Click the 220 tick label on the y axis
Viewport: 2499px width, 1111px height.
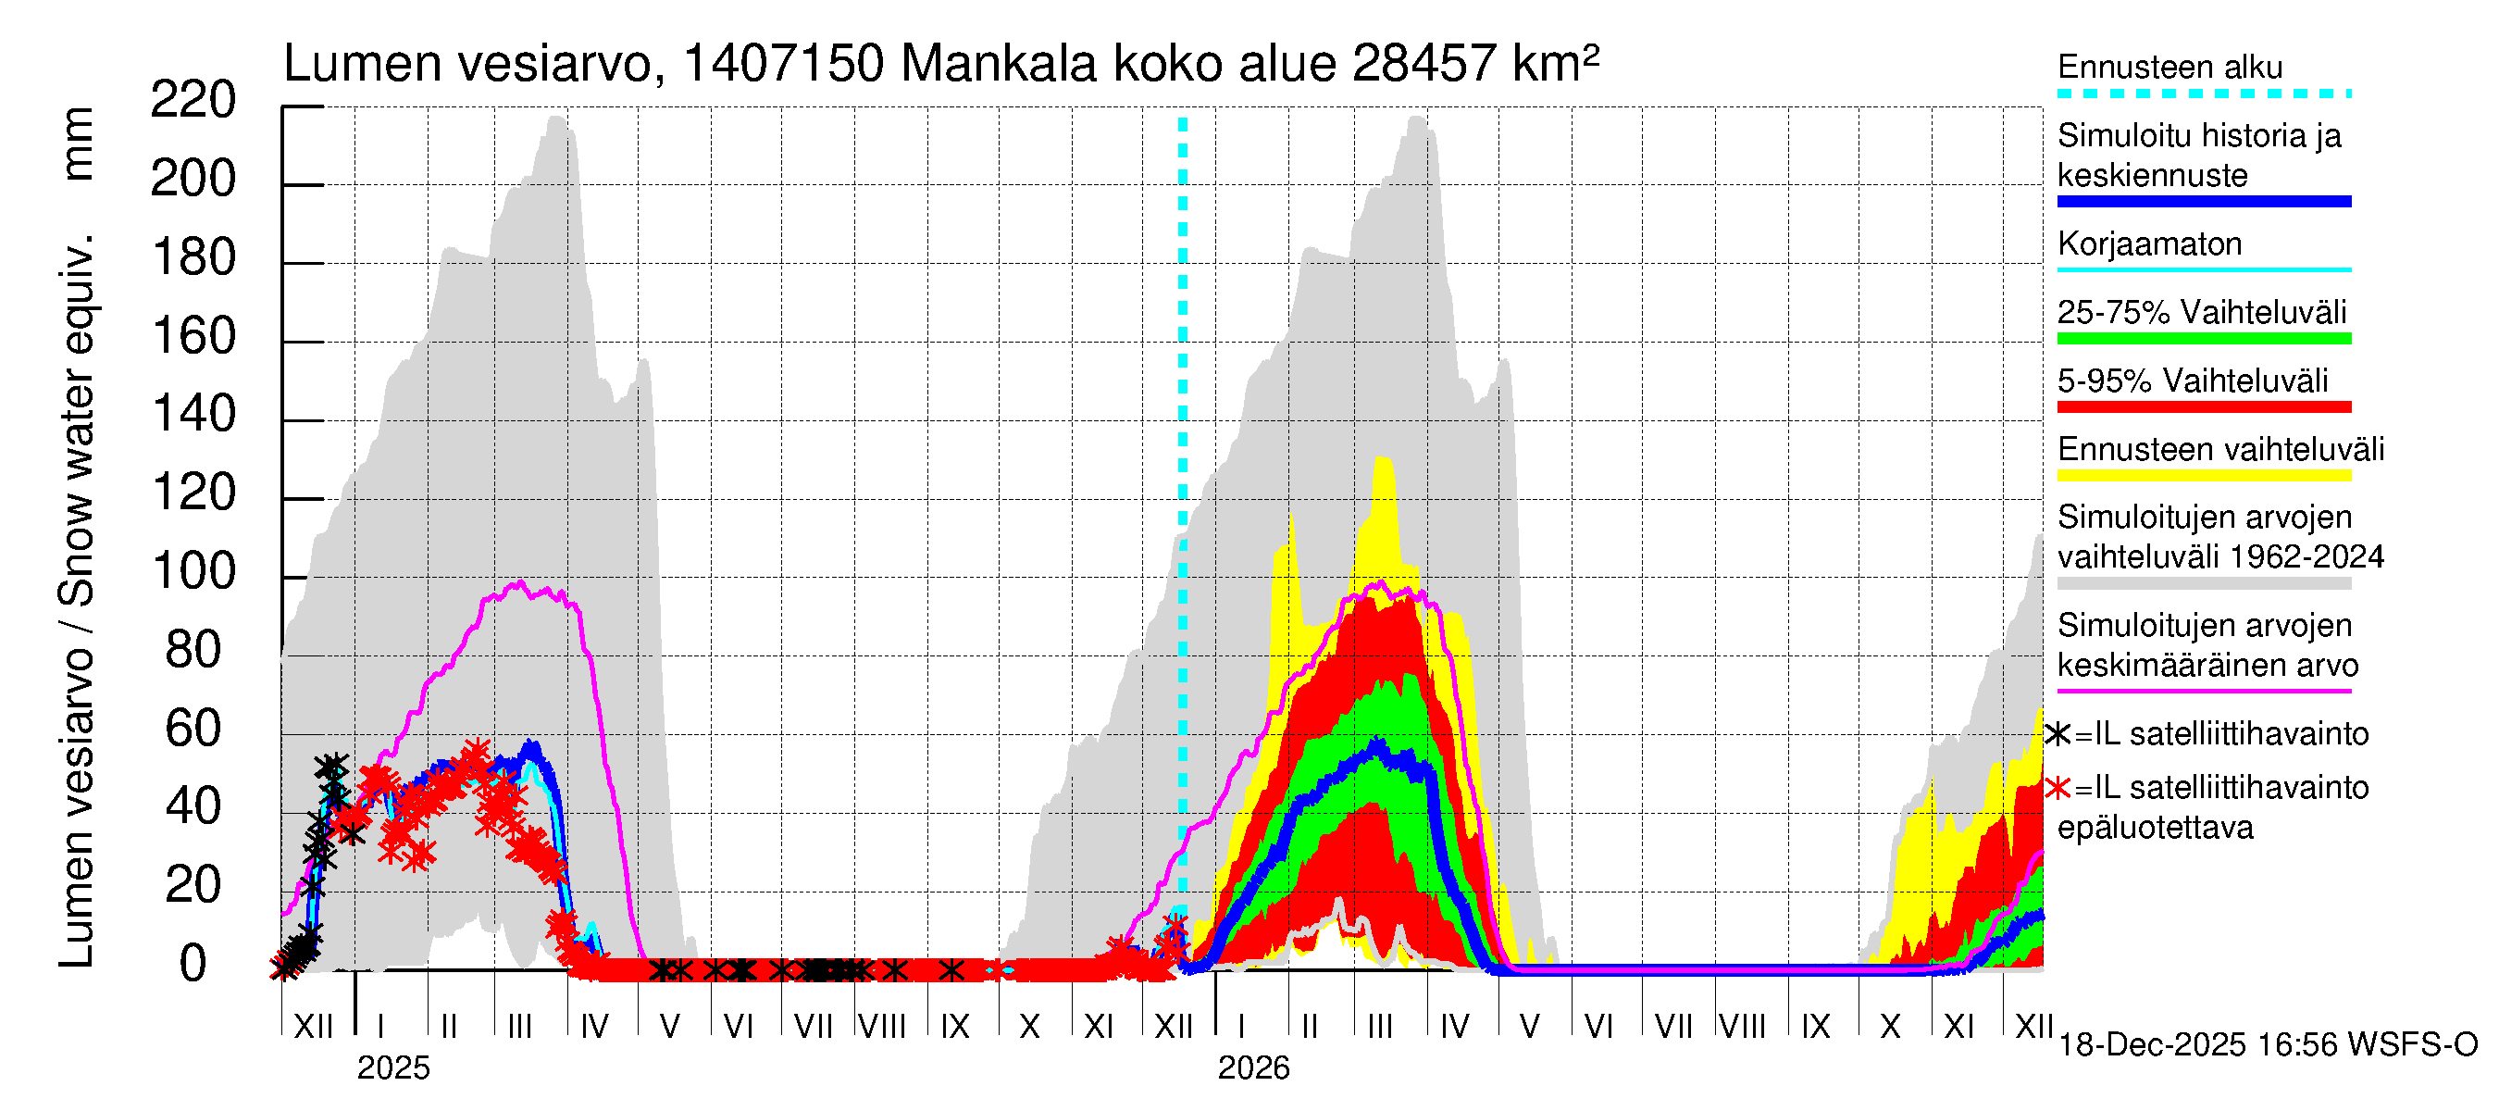(x=193, y=101)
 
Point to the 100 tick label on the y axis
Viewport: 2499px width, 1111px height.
(x=194, y=571)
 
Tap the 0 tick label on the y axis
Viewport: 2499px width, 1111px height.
(x=193, y=965)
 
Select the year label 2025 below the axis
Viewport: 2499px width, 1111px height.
(x=392, y=1068)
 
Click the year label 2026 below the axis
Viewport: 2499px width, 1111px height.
(x=1253, y=1068)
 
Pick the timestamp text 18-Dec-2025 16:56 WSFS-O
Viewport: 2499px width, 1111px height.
(x=2267, y=1045)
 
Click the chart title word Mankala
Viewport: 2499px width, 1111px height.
(x=999, y=64)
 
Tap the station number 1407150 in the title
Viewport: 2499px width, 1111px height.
(x=783, y=64)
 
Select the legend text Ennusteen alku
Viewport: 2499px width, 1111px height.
(x=2170, y=67)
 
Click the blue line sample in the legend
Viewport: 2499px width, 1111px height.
(x=2203, y=202)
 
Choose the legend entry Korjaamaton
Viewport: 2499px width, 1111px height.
(x=2149, y=243)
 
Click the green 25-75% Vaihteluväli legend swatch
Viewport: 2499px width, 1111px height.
(x=2203, y=339)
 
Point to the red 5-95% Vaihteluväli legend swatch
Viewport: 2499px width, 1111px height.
(x=2203, y=407)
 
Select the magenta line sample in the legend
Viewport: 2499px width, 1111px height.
(x=2203, y=692)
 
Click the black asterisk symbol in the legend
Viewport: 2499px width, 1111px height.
(x=2058, y=734)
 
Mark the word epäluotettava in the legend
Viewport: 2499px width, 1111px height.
(x=2155, y=828)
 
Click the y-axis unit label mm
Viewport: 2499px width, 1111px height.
(x=78, y=144)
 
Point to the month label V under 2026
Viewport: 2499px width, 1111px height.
(x=1529, y=1027)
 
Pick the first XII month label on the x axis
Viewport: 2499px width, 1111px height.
(x=313, y=1027)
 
